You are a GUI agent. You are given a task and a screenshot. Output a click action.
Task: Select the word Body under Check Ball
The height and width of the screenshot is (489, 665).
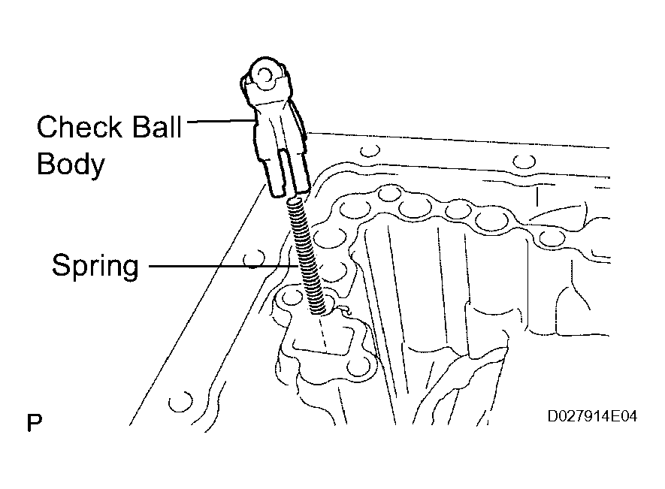click(x=70, y=165)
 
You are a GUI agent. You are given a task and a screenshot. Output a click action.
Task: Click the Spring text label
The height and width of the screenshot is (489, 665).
click(x=95, y=266)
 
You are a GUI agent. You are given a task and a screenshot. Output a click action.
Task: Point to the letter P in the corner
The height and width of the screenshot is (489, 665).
click(x=34, y=423)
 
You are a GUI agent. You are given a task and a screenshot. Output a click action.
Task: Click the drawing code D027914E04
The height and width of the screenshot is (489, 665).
click(x=593, y=415)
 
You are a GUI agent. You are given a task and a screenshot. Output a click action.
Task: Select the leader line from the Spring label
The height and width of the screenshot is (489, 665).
click(x=218, y=265)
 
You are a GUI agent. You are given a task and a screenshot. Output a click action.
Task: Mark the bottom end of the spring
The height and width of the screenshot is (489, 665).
click(x=319, y=307)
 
